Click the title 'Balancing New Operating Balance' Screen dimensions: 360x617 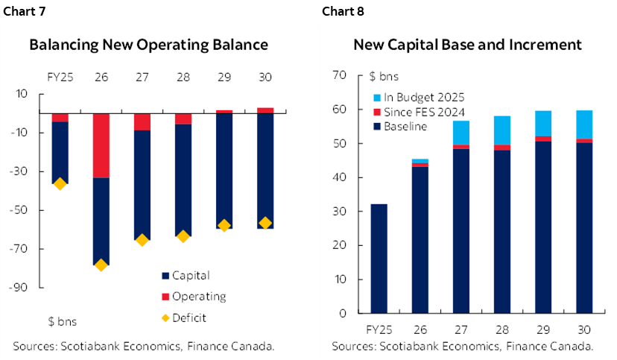tap(148, 45)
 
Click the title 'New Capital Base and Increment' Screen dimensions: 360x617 tap(467, 45)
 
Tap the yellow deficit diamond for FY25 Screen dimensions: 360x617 tap(60, 183)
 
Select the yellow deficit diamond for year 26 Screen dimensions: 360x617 tap(101, 265)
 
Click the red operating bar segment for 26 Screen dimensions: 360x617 tap(101, 145)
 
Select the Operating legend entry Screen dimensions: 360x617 tap(198, 296)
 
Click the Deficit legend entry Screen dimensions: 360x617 tap(189, 318)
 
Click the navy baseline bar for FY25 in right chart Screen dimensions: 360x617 tap(379, 258)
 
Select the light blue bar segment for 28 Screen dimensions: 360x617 tap(502, 130)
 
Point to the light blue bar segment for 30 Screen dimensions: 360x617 tap(583, 124)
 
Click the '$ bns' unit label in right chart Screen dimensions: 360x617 tap(384, 75)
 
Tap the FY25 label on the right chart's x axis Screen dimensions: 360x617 tap(379, 328)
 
